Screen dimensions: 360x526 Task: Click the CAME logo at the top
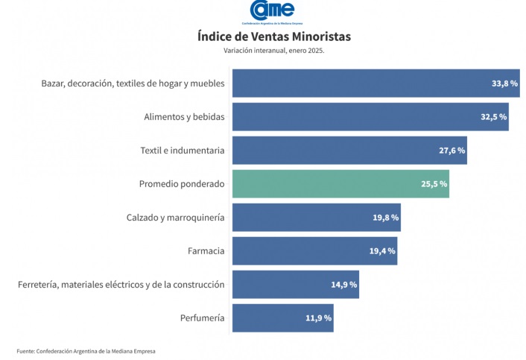pos(272,10)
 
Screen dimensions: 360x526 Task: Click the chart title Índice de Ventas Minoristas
pos(273,36)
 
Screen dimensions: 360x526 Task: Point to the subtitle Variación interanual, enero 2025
pos(273,51)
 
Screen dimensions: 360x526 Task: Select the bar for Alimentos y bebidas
pos(370,117)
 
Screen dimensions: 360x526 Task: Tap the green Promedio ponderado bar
pos(340,183)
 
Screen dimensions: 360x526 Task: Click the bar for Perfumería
pos(282,318)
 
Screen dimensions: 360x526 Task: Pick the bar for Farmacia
pos(314,251)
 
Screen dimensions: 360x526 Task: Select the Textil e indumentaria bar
pos(349,151)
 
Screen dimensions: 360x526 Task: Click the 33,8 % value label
pos(504,83)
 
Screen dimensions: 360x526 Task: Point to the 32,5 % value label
pos(493,117)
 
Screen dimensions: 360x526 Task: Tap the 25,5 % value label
pos(434,183)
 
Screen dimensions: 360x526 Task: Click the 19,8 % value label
pos(385,218)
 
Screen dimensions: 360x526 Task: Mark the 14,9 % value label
pos(343,285)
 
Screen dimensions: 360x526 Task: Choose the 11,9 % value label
pos(318,318)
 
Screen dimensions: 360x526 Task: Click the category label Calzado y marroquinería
pos(175,218)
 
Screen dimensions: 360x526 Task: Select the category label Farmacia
pos(206,251)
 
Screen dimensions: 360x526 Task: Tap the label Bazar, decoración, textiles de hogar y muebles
pos(133,83)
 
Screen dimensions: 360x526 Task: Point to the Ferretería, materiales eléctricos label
pos(121,285)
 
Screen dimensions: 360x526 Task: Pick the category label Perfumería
pos(202,318)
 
